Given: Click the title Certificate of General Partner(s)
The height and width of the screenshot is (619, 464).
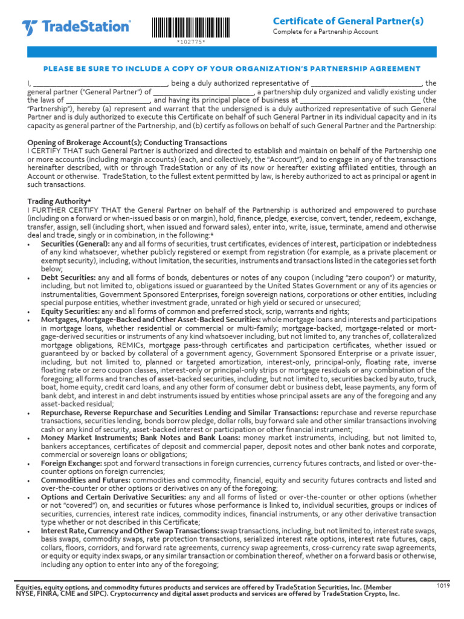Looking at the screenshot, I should point(348,21).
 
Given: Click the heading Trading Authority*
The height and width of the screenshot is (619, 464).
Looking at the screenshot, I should point(59,201).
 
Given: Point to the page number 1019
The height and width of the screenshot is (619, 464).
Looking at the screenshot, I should point(443,586).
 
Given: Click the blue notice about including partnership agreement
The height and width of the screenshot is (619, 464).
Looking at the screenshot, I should point(232,69).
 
